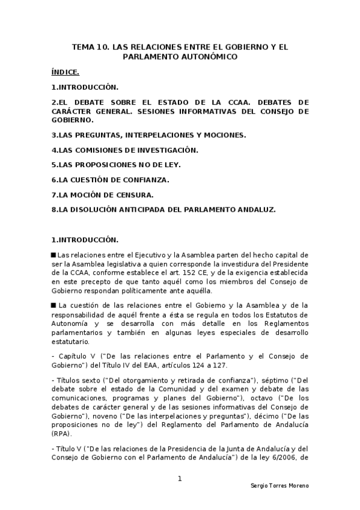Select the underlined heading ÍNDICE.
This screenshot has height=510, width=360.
click(65, 72)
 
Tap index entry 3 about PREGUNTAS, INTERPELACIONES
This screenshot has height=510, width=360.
click(148, 135)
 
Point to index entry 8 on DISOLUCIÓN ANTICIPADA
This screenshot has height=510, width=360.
click(163, 209)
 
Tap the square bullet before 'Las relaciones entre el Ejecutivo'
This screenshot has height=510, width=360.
click(53, 254)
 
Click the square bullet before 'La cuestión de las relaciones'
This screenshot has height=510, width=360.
click(53, 306)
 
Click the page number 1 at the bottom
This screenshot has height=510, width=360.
click(180, 479)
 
